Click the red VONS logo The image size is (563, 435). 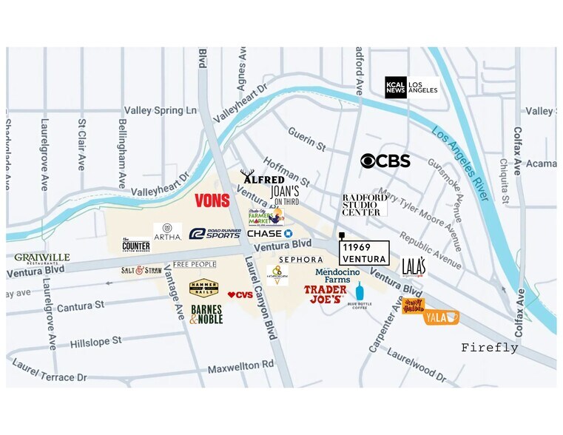tap(212, 200)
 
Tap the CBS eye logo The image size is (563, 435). tap(385, 161)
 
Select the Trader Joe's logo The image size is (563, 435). tap(325, 294)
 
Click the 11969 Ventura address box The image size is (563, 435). tap(363, 253)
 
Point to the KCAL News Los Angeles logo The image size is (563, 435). tap(411, 87)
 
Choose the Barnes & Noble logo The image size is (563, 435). tap(206, 314)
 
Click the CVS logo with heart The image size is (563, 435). tap(240, 295)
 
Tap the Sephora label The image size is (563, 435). tap(300, 260)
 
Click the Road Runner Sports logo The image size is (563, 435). tap(215, 234)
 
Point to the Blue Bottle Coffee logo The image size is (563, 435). tap(360, 294)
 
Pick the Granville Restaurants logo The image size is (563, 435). tap(42, 258)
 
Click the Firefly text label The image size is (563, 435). tap(490, 348)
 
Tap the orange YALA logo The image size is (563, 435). tap(442, 317)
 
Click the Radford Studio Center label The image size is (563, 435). tap(365, 205)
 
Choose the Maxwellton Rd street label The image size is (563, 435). tap(240, 365)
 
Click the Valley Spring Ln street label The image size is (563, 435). tap(161, 110)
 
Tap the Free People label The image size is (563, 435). tap(195, 264)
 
